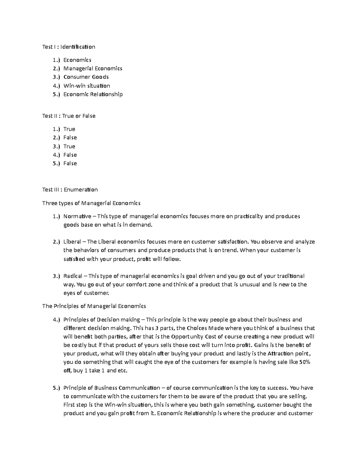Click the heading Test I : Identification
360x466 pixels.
[x=69, y=47]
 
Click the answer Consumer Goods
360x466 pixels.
[x=86, y=77]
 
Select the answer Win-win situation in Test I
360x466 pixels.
[x=86, y=86]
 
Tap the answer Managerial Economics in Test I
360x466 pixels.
[x=93, y=68]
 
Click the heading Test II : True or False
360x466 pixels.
[x=69, y=116]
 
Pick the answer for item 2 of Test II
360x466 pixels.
[x=70, y=138]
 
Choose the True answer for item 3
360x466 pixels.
[x=69, y=146]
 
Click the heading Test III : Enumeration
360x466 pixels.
[x=70, y=190]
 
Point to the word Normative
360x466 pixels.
[x=77, y=216]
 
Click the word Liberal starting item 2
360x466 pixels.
[x=72, y=242]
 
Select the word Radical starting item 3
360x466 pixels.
[x=73, y=276]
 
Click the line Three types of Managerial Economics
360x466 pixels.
[x=91, y=203]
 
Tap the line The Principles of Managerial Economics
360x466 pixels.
[x=94, y=306]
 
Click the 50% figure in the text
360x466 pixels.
[x=304, y=362]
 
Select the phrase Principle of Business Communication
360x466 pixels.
[x=112, y=388]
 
